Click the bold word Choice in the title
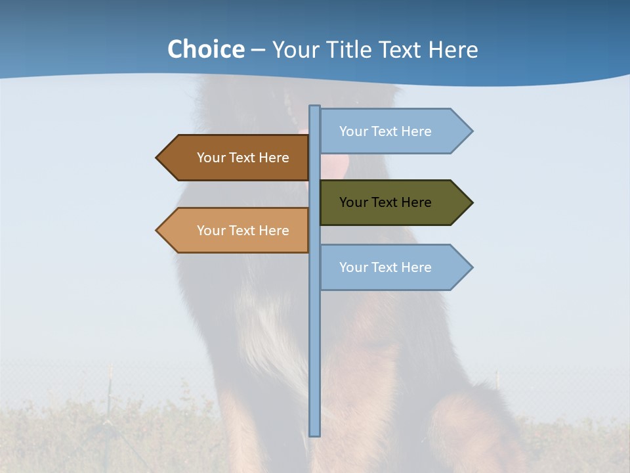205,49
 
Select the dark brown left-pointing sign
236,158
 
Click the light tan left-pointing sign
236,231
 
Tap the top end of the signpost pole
315,107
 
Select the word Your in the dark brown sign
211,158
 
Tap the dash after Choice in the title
258,50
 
